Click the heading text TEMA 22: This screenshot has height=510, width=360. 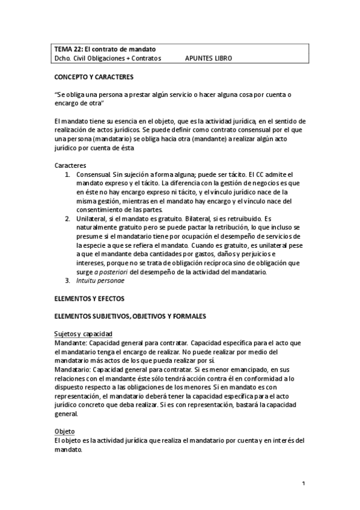66,49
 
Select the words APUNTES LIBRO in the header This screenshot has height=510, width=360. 209,59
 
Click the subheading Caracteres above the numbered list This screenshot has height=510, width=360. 70,165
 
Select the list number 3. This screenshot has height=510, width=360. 67,280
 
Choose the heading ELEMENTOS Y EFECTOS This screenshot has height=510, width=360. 90,298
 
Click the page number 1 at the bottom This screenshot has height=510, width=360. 304,484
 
